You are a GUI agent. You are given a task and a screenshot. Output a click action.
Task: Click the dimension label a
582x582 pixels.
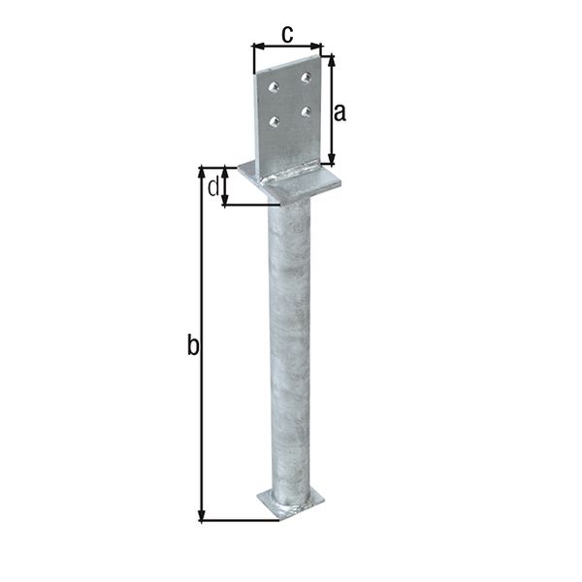point(339,112)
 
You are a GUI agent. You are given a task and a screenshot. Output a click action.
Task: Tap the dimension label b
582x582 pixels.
point(192,344)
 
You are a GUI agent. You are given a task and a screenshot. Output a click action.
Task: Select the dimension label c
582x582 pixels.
point(287,34)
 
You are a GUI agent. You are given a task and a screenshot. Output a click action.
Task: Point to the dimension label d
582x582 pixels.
point(212,186)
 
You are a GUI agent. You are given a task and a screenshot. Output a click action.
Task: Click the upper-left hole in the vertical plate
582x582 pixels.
point(274,87)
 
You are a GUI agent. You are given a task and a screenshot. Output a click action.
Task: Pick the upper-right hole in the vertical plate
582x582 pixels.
point(307,77)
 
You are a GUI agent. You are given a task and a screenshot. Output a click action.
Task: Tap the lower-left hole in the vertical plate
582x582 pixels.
point(274,122)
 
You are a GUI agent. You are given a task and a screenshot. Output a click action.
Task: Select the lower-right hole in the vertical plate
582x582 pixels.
point(307,112)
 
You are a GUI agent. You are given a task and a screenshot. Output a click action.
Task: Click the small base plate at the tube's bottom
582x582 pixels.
point(290,502)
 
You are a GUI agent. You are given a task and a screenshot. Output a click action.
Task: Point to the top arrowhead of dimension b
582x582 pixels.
point(202,171)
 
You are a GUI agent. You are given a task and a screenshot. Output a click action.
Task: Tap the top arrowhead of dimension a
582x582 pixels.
point(333,59)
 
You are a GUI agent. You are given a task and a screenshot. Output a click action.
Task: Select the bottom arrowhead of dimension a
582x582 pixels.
point(333,162)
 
